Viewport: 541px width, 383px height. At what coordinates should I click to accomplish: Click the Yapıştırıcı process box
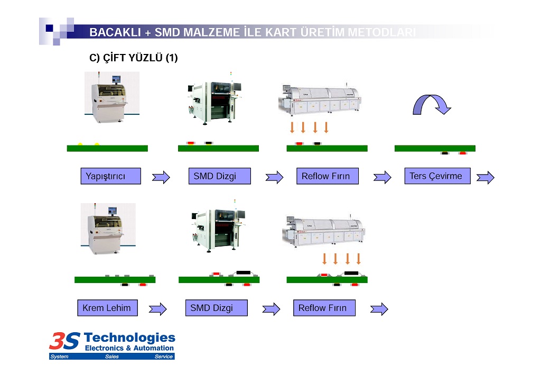pos(110,176)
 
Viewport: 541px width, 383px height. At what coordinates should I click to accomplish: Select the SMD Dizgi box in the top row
pos(219,176)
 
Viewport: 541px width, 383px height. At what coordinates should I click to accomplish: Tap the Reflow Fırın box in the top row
pos(327,176)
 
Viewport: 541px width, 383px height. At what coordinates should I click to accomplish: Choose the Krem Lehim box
pos(107,308)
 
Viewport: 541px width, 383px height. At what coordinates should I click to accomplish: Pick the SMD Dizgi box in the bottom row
pos(216,308)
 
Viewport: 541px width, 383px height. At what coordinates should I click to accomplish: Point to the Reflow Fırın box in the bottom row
pos(324,308)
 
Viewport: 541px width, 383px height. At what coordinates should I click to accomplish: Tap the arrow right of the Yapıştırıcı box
pos(161,177)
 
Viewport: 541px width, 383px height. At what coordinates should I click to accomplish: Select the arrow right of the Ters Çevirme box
pos(485,177)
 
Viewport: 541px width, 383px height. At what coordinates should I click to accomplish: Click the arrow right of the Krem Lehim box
pos(157,309)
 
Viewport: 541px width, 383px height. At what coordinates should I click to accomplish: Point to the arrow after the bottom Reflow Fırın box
pos(379,309)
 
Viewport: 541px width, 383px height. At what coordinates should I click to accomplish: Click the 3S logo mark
pos(64,341)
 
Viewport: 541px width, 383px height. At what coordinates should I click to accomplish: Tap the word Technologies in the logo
pos(129,338)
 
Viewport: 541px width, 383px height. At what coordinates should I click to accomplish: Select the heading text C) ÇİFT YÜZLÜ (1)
pos(133,58)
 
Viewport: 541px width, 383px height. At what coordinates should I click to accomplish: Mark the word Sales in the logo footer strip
pos(111,357)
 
